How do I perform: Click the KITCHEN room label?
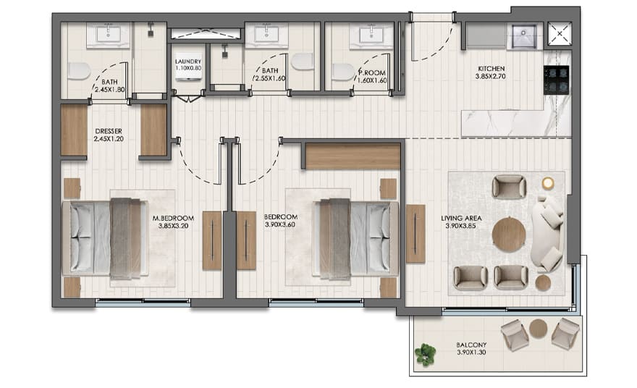pyautogui.click(x=492, y=69)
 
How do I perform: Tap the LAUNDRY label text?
pyautogui.click(x=188, y=62)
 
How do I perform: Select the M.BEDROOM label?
pyautogui.click(x=173, y=218)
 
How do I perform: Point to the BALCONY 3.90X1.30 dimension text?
pyautogui.click(x=471, y=353)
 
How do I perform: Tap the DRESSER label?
pyautogui.click(x=109, y=131)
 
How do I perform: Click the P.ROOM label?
pyautogui.click(x=372, y=73)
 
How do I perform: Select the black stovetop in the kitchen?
pyautogui.click(x=556, y=80)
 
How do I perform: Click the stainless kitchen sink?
pyautogui.click(x=524, y=35)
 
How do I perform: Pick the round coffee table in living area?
pyautogui.click(x=509, y=235)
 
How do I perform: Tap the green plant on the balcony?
pyautogui.click(x=426, y=354)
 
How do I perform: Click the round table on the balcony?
pyautogui.click(x=539, y=328)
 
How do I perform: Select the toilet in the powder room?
pyautogui.click(x=343, y=72)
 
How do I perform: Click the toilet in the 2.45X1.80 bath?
pyautogui.click(x=79, y=71)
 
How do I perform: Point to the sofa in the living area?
pyautogui.click(x=547, y=234)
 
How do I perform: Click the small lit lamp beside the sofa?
pyautogui.click(x=548, y=183)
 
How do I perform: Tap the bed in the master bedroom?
pyautogui.click(x=104, y=238)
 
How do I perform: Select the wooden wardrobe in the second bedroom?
pyautogui.click(x=353, y=156)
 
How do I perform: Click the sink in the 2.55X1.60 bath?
pyautogui.click(x=266, y=35)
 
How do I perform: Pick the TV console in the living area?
pyautogui.click(x=415, y=234)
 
